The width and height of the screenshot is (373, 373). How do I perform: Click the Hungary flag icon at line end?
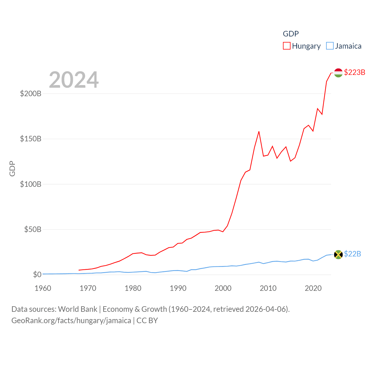pos(338,73)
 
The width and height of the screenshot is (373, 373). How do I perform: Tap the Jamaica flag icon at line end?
pos(338,254)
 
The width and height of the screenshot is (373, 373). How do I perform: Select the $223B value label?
pos(354,72)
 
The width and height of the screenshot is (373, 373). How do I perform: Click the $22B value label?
pos(352,254)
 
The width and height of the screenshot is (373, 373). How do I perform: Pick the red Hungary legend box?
pos(287,46)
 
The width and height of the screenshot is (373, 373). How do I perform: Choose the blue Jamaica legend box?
pos(330,46)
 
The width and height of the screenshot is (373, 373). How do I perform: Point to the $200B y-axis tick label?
pos(31,94)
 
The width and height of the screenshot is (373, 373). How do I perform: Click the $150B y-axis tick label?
pos(31,139)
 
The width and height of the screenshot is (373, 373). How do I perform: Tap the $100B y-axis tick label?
pos(31,184)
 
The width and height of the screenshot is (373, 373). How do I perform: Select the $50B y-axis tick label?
pos(33,229)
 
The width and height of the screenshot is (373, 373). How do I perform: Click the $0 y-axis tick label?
pos(37,275)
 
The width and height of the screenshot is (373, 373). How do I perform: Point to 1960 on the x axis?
pos(43,288)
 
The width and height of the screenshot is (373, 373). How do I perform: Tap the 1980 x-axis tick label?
pos(133,288)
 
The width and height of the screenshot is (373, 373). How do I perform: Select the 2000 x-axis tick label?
pos(223,288)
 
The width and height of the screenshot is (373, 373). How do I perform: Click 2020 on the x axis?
pos(313,288)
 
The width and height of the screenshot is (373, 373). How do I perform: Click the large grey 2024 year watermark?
pos(74,80)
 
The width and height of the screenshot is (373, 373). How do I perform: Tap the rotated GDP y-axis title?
pos(12,168)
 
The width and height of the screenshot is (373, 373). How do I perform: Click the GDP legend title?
pos(291,34)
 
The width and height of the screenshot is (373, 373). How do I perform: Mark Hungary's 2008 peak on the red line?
pos(259,131)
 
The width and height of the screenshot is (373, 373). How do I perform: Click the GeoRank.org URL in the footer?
pos(71,321)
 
